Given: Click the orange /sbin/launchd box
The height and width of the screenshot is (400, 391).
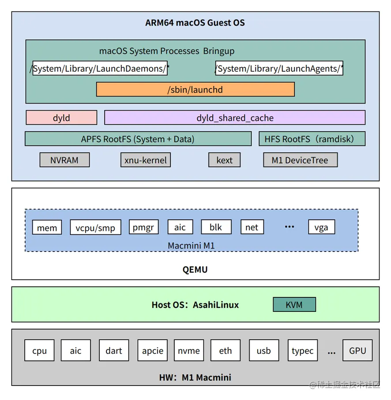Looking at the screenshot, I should pyautogui.click(x=195, y=89).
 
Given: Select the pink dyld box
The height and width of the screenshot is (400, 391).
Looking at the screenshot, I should pyautogui.click(x=61, y=118).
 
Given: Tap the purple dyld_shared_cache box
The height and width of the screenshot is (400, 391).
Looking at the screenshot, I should pyautogui.click(x=235, y=118).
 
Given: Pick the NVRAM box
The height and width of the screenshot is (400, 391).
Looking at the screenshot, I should pyautogui.click(x=64, y=160).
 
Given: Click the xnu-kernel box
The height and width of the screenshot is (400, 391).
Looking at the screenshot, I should pyautogui.click(x=145, y=160).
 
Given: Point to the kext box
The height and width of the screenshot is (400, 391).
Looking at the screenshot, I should pyautogui.click(x=224, y=160).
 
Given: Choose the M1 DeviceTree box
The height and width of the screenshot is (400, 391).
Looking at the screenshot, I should pyautogui.click(x=300, y=160).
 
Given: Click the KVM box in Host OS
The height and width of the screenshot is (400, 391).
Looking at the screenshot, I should pyautogui.click(x=294, y=304).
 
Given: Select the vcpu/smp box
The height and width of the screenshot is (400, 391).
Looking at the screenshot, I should pyautogui.click(x=95, y=227).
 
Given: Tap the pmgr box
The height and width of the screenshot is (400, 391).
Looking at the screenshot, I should pyautogui.click(x=143, y=227).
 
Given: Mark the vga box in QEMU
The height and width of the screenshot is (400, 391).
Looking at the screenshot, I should pyautogui.click(x=321, y=227).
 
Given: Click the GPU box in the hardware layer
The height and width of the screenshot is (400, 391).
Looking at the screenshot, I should pyautogui.click(x=357, y=351).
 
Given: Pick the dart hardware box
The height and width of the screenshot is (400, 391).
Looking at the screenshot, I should pyautogui.click(x=114, y=351).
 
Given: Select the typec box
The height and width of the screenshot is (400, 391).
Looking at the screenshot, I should pyautogui.click(x=302, y=351).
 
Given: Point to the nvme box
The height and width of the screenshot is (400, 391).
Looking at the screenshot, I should pyautogui.click(x=189, y=351).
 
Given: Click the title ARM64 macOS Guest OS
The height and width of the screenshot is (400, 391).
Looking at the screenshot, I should pyautogui.click(x=195, y=22).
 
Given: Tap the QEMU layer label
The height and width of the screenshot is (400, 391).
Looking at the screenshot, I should pyautogui.click(x=195, y=269).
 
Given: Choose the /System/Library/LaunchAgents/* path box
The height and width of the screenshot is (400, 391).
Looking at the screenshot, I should pyautogui.click(x=279, y=68).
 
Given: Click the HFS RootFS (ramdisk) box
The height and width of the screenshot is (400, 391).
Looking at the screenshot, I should pyautogui.click(x=312, y=139).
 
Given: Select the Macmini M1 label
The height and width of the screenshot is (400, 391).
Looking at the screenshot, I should pyautogui.click(x=191, y=245).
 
